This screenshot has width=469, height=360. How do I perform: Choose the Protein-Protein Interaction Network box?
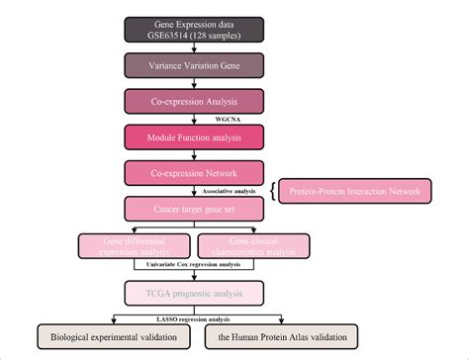[352, 191]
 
